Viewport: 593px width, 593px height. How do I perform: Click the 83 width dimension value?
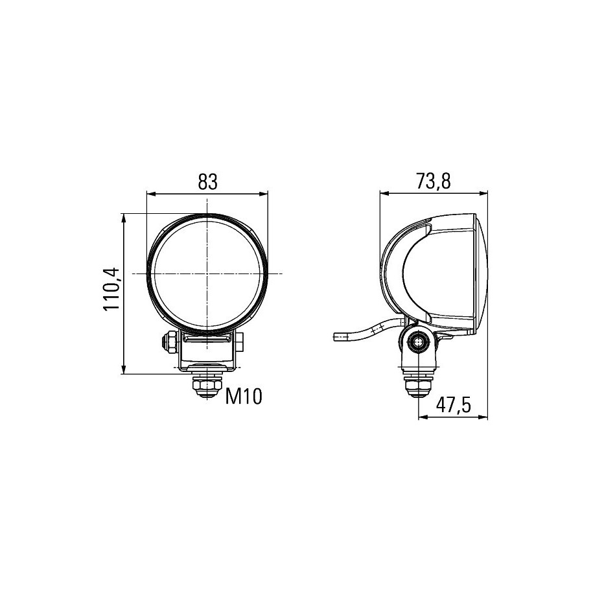coord(207,182)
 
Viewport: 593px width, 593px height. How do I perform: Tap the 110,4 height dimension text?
coord(111,289)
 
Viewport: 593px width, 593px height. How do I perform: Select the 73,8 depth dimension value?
coord(434,181)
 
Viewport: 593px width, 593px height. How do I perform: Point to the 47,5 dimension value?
coord(453,406)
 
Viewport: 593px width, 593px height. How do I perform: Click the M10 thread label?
coord(244,397)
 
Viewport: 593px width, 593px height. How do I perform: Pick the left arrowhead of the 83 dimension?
coord(151,194)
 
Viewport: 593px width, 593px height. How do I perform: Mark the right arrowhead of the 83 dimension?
coord(263,194)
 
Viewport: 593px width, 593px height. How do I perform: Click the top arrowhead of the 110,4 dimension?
coord(123,218)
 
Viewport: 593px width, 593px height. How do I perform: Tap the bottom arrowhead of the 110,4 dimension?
coord(123,369)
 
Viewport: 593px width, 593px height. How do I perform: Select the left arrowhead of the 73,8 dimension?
coord(384,194)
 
